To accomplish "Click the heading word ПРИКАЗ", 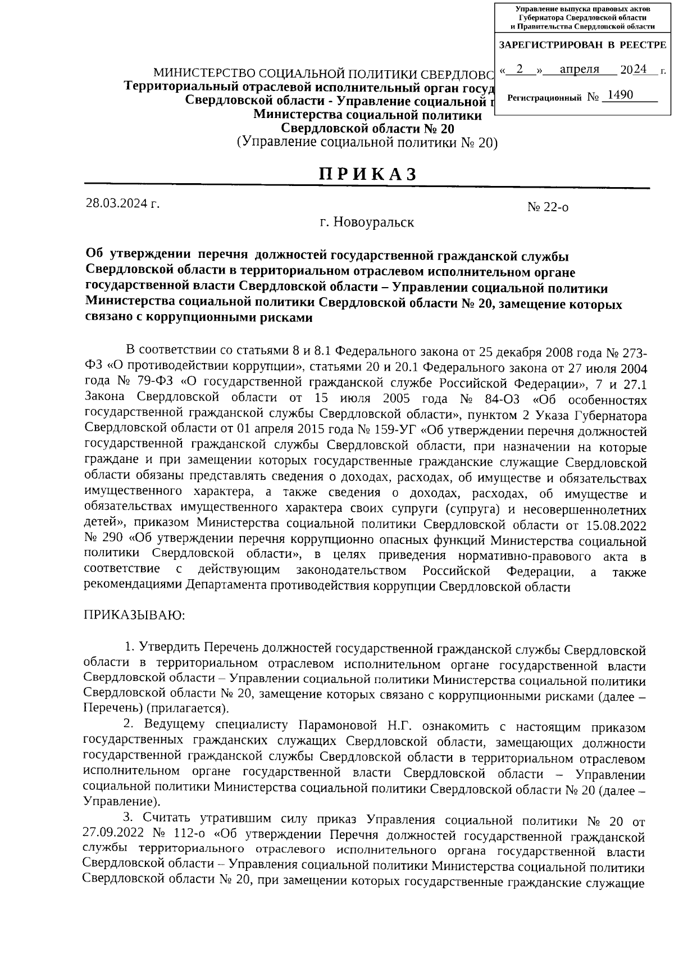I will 368,174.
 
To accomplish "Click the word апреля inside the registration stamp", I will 580,70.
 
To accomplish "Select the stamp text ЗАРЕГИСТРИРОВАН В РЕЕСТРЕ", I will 582,45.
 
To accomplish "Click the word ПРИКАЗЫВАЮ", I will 134,615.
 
